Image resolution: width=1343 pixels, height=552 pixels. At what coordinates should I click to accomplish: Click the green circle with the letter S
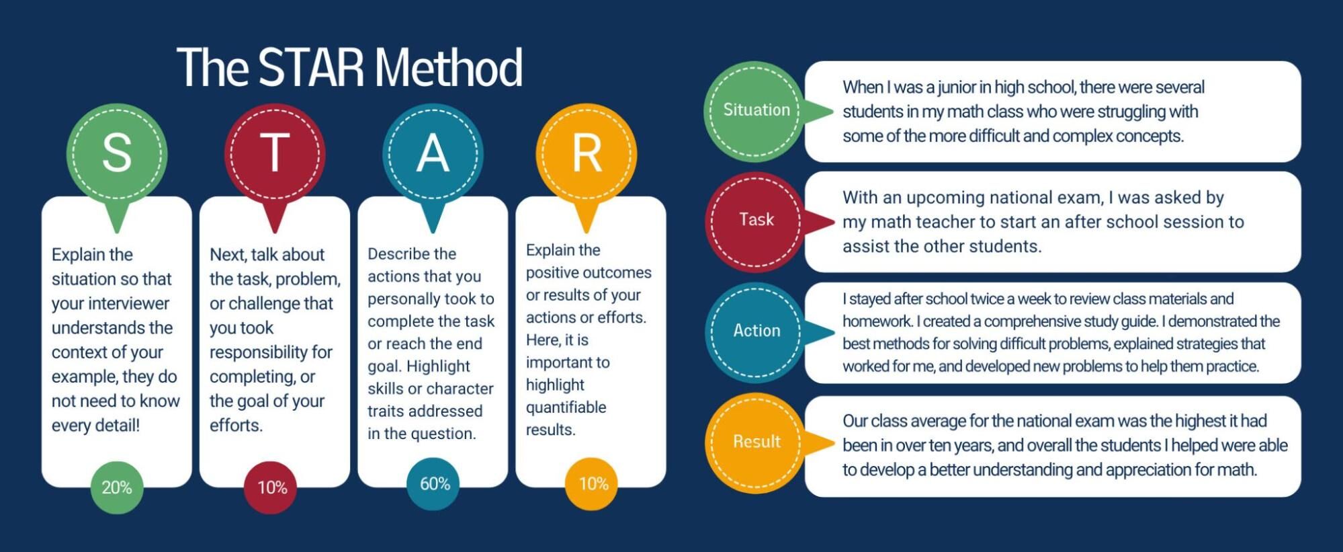(x=117, y=153)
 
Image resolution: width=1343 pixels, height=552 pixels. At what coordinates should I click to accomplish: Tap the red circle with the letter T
(x=275, y=153)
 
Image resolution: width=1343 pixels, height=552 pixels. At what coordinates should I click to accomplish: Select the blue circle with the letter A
(x=433, y=153)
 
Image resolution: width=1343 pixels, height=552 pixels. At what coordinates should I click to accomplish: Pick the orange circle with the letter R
(x=587, y=153)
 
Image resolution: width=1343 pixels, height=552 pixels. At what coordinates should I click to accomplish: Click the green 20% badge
(x=117, y=487)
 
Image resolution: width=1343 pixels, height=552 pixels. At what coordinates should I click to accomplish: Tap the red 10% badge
(x=272, y=487)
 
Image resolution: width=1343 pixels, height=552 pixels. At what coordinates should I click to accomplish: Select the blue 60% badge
(x=434, y=484)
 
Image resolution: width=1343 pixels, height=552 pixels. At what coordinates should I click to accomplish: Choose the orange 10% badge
(x=593, y=484)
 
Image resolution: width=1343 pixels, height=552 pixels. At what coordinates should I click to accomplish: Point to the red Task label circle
(x=756, y=221)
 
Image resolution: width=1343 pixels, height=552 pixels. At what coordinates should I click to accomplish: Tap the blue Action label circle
(x=756, y=331)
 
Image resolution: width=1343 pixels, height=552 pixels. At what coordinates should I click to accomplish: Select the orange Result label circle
(x=756, y=442)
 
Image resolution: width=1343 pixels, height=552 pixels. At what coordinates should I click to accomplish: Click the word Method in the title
(x=449, y=67)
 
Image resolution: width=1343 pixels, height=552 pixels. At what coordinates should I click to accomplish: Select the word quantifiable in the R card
(x=566, y=407)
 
